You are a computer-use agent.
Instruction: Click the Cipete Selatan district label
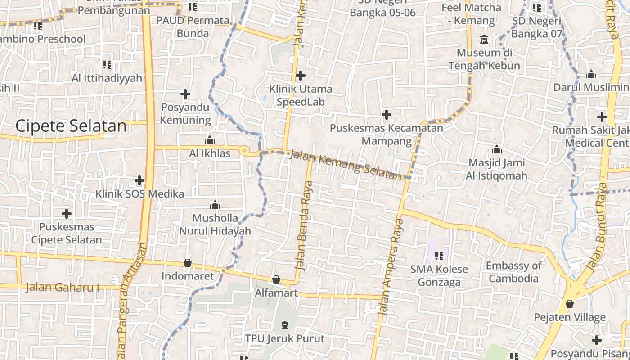click(x=71, y=126)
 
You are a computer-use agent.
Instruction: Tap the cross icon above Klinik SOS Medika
click(x=139, y=181)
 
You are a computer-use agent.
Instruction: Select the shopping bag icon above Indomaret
click(x=188, y=263)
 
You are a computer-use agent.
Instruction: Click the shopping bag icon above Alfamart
click(x=276, y=280)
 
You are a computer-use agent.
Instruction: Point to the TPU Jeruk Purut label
click(x=284, y=338)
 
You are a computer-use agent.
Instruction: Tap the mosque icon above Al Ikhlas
click(x=210, y=140)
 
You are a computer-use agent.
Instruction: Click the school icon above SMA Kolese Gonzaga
click(x=439, y=256)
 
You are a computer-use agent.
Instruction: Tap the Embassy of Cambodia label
click(x=514, y=272)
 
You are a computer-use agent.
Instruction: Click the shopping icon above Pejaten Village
click(x=570, y=304)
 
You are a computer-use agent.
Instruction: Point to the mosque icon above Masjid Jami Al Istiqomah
click(x=497, y=149)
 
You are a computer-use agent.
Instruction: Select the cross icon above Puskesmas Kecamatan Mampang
click(x=386, y=115)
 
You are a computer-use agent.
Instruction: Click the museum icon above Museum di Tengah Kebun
click(x=484, y=40)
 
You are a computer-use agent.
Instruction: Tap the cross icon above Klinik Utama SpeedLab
click(x=301, y=76)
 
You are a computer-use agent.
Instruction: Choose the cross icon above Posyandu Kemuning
click(x=185, y=94)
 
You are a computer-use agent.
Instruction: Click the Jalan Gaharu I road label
click(x=62, y=287)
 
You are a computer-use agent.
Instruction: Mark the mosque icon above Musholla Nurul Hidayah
click(x=215, y=205)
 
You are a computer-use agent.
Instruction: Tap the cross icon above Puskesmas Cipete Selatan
click(x=67, y=213)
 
